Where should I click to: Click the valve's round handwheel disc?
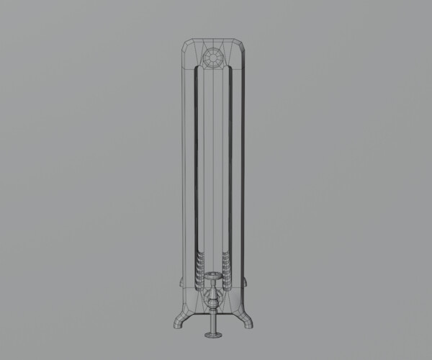(214, 276)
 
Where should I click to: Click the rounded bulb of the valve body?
(214, 297)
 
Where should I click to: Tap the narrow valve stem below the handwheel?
(214, 284)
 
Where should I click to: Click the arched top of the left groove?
(199, 69)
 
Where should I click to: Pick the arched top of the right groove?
(229, 69)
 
